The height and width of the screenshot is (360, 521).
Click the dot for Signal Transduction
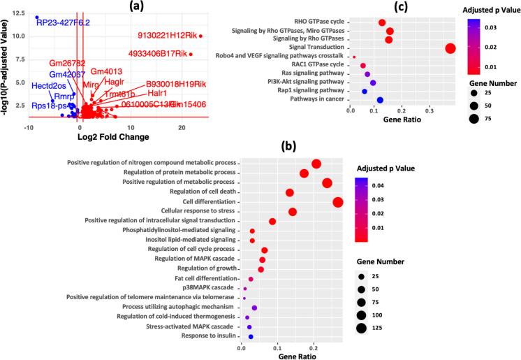click(450, 48)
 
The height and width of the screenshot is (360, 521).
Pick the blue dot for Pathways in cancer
click(380, 100)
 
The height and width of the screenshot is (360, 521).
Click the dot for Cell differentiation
click(338, 202)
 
